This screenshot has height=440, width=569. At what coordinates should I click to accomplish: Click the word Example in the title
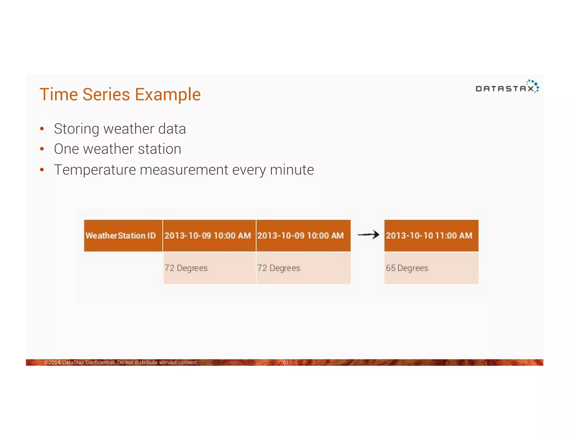[x=168, y=95]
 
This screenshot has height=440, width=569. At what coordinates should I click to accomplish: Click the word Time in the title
[x=59, y=94]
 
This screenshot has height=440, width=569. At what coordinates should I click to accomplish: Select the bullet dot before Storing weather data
[x=42, y=129]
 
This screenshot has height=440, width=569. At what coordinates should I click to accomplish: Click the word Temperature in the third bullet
[x=95, y=170]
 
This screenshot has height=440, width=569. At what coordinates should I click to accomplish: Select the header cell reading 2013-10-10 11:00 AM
[x=431, y=236]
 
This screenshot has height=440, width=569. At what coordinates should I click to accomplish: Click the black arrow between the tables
[x=368, y=235]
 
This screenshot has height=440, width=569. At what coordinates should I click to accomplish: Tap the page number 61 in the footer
[x=285, y=362]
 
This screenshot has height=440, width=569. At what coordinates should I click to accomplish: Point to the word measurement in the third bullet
[x=184, y=170]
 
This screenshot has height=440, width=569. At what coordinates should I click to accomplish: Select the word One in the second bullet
[x=66, y=149]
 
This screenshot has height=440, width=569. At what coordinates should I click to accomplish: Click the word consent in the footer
[x=188, y=362]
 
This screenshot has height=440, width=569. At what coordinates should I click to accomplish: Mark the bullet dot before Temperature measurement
[x=42, y=170]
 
